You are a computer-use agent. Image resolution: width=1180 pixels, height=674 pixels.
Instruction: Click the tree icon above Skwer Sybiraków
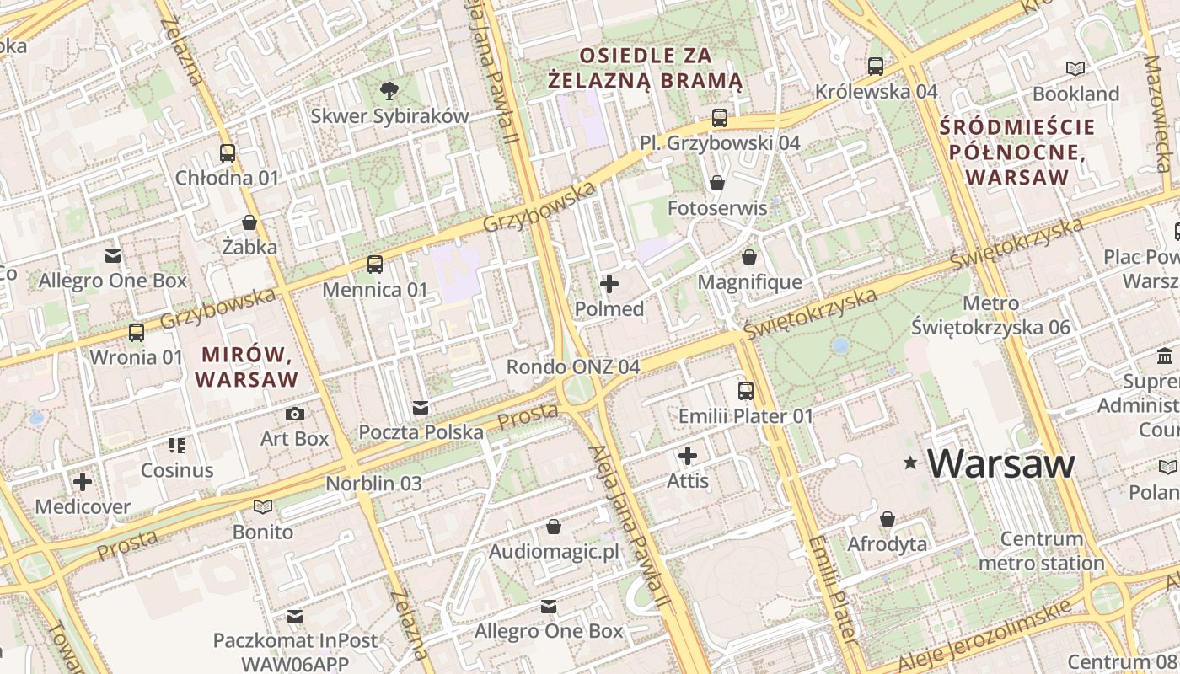389,89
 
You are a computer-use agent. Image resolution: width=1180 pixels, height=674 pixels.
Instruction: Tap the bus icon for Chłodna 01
228,152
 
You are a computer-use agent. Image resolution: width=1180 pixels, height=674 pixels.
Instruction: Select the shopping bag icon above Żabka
249,222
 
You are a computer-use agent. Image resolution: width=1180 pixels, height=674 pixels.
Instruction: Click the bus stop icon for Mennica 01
375,265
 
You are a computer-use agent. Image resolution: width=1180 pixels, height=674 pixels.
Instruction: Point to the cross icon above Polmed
609,284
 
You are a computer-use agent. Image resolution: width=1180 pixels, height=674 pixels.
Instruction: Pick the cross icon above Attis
688,457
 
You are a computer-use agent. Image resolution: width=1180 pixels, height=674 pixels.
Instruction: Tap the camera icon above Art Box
295,414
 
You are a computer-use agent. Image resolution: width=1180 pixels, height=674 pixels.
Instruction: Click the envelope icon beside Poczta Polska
421,409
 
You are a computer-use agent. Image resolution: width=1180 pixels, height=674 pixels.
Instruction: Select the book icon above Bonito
263,506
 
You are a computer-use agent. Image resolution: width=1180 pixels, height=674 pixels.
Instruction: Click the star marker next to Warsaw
910,463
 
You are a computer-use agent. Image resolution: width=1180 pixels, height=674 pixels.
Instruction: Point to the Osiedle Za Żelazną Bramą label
645,68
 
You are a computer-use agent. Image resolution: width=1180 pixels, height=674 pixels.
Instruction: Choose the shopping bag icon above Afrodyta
888,519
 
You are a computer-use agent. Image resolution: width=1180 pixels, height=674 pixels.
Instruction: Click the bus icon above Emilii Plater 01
746,390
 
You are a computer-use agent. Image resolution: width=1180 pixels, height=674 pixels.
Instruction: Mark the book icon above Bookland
1075,68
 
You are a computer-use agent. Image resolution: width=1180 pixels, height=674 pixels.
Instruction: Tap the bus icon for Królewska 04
876,66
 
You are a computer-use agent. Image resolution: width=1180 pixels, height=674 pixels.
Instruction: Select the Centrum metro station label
1042,551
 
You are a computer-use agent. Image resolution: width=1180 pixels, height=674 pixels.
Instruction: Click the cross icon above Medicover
83,482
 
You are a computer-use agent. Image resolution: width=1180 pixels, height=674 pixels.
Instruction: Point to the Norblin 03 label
373,484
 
